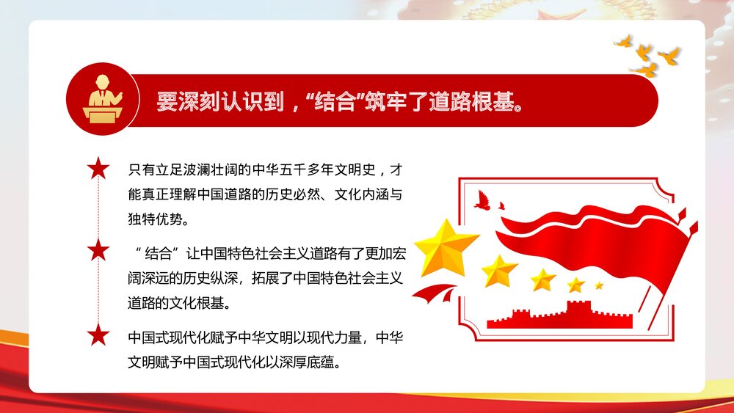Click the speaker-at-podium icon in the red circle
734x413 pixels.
click(x=101, y=100)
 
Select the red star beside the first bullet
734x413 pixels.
click(x=98, y=169)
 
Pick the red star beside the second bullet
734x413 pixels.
click(x=98, y=252)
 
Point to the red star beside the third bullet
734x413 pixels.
click(x=98, y=336)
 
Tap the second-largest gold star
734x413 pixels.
click(x=499, y=271)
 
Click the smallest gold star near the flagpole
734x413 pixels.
click(x=599, y=285)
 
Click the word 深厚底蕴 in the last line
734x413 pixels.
click(x=310, y=362)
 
